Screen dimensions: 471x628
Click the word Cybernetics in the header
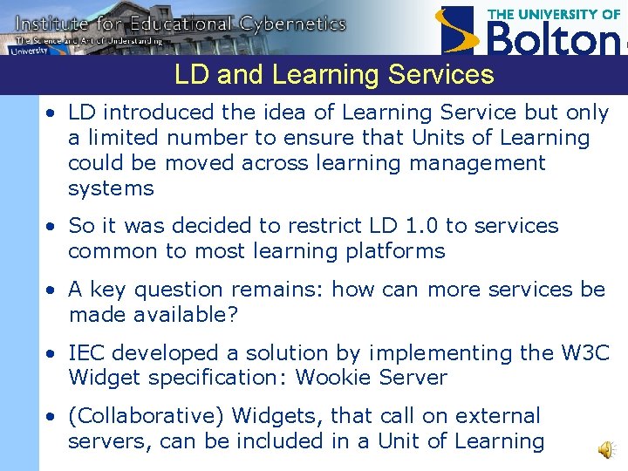pyautogui.click(x=289, y=24)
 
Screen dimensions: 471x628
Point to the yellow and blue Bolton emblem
pyautogui.click(x=460, y=31)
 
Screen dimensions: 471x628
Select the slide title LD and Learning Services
pyautogui.click(x=334, y=75)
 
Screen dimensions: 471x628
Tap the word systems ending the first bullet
pyautogui.click(x=111, y=188)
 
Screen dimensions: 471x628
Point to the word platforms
pyautogui.click(x=396, y=252)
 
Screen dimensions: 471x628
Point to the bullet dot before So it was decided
pyautogui.click(x=54, y=227)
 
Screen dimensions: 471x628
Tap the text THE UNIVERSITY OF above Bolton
pyautogui.click(x=553, y=14)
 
